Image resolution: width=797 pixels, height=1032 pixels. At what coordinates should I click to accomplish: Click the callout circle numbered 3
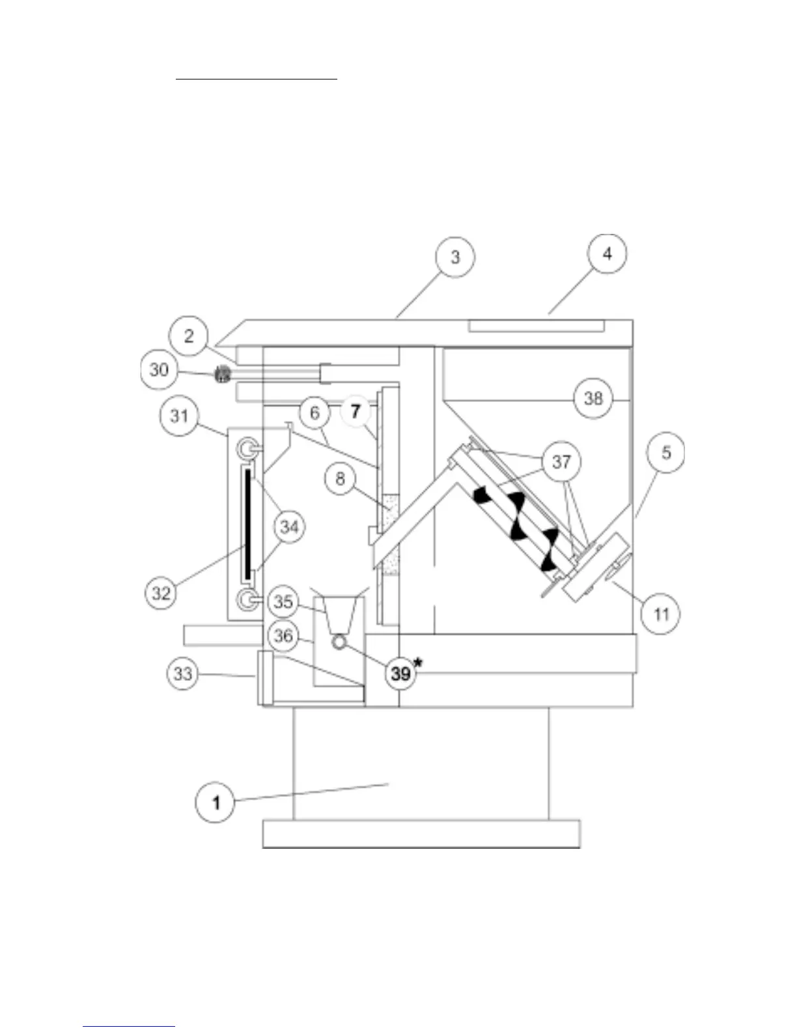(x=455, y=257)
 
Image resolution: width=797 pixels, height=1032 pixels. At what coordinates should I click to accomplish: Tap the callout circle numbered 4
(x=607, y=253)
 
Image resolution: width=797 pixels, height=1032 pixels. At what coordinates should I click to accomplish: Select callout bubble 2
(x=189, y=336)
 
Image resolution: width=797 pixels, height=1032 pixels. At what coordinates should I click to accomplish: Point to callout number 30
(x=160, y=370)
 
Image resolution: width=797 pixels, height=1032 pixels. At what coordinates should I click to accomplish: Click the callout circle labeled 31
(x=179, y=416)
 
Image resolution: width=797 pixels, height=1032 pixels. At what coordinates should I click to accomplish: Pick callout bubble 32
(x=161, y=592)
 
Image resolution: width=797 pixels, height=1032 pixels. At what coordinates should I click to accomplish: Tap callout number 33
(x=183, y=673)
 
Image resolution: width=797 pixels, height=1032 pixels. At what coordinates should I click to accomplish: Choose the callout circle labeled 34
(x=289, y=526)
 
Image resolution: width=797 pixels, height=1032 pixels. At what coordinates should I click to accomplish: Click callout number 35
(x=283, y=601)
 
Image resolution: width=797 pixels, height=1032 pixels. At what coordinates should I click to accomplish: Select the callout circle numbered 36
(x=283, y=635)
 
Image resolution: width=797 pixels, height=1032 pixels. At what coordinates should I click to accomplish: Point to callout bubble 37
(x=561, y=462)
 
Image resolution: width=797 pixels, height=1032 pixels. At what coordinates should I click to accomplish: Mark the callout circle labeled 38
(x=593, y=397)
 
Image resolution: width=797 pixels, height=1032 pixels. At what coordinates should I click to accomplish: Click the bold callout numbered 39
(x=400, y=674)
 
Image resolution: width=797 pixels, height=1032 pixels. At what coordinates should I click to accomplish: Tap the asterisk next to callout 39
(x=418, y=663)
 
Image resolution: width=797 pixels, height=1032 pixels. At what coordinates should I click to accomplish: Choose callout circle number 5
(x=665, y=452)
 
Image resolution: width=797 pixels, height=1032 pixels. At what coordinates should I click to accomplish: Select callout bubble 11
(x=661, y=614)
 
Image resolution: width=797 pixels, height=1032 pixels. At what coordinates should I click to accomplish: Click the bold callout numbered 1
(x=216, y=802)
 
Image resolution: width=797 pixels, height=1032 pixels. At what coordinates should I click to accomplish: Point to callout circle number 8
(x=340, y=480)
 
